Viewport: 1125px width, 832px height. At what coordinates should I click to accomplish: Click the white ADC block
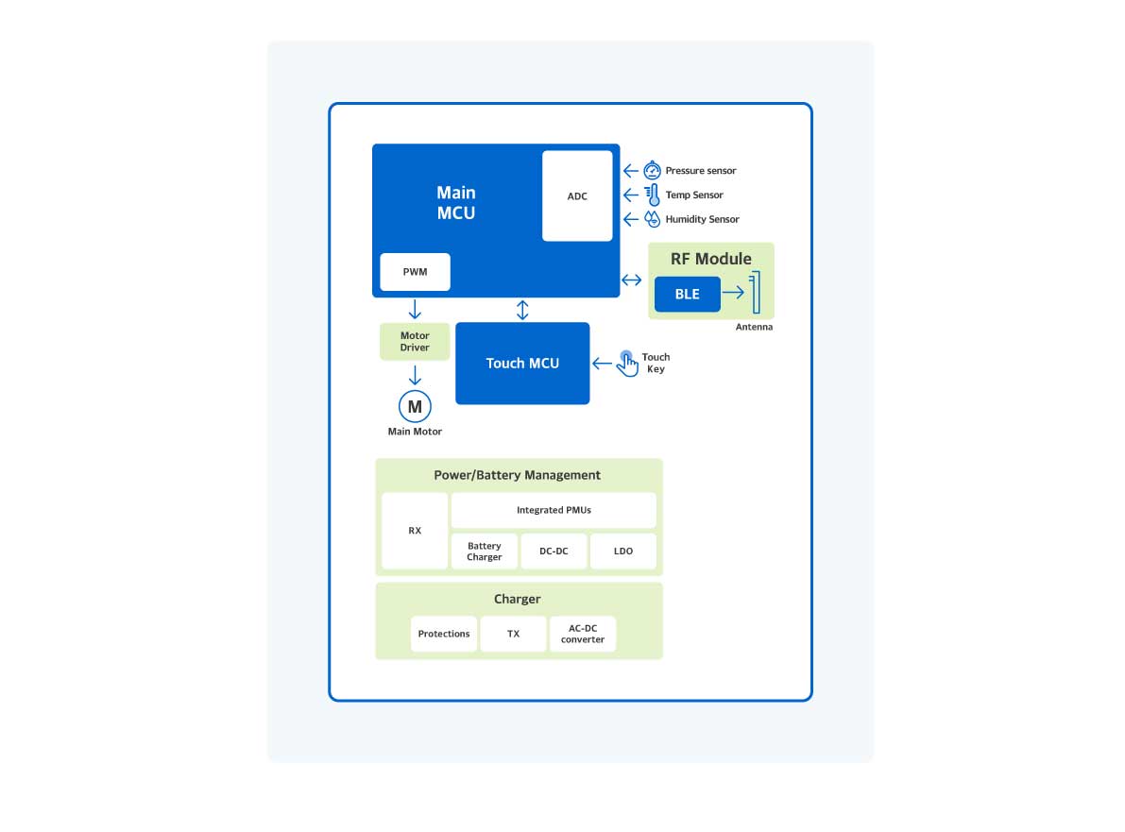tap(577, 195)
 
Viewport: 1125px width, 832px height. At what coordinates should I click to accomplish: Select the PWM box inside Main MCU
tap(415, 272)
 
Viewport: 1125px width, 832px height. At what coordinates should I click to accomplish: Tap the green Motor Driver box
tap(415, 341)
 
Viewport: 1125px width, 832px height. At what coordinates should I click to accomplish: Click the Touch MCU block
tap(522, 364)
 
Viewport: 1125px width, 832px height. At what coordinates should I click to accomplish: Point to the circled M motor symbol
tap(415, 406)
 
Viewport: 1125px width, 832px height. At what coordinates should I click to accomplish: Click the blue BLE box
tap(687, 294)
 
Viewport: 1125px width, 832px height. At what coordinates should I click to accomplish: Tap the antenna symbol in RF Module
tap(755, 293)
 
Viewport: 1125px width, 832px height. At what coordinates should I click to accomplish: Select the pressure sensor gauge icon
tap(652, 171)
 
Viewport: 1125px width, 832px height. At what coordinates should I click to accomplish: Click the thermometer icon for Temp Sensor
tap(652, 195)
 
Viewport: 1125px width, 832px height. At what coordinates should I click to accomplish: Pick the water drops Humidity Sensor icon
tap(652, 219)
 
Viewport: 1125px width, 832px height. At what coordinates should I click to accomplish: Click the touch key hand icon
tap(627, 364)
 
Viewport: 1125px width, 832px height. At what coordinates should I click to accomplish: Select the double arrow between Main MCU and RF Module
tap(631, 280)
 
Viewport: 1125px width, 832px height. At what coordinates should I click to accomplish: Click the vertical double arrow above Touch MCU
tap(522, 310)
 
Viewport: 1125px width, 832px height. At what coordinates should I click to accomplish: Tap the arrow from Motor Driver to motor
tap(415, 375)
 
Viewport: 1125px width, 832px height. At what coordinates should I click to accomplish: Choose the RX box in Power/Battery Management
tap(415, 531)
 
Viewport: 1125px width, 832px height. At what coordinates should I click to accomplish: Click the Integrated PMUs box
tap(554, 510)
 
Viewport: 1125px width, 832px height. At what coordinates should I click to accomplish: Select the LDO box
tap(623, 552)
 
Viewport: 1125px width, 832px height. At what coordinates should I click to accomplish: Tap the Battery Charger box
tap(484, 552)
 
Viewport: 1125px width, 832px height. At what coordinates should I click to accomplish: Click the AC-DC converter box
tap(583, 634)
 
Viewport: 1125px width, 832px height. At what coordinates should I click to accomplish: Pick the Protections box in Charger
tap(444, 634)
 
